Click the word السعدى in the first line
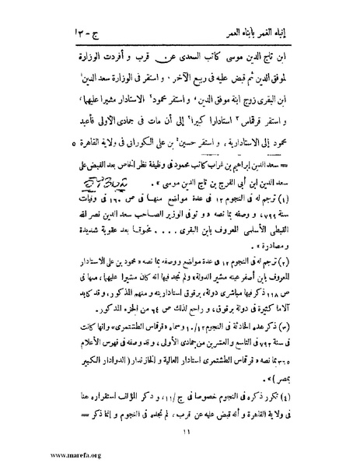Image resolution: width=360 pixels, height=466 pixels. [x=178, y=37]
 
